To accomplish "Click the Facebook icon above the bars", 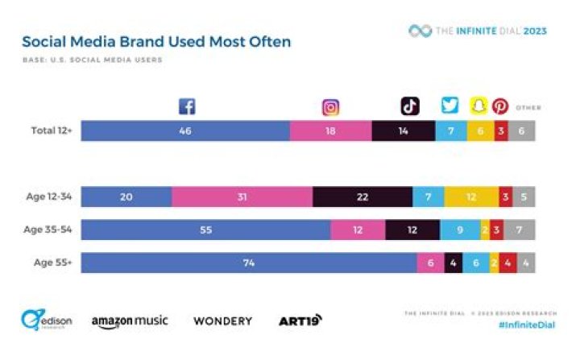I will click(x=187, y=106).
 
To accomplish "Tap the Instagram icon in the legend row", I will click(x=330, y=107).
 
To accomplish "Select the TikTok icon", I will click(x=410, y=106).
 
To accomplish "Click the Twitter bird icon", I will click(x=450, y=106).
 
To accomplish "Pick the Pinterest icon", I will click(x=500, y=106).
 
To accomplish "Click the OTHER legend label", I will click(x=528, y=107).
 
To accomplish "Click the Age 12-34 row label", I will click(x=47, y=197).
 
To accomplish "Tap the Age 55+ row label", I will click(x=52, y=263).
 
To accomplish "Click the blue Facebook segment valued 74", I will click(x=248, y=263).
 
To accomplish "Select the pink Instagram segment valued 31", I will click(x=242, y=197).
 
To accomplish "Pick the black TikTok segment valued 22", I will click(x=362, y=197).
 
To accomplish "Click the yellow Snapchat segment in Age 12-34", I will click(x=471, y=197).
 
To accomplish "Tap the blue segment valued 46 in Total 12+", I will click(x=185, y=130).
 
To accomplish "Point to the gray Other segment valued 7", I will click(x=520, y=230).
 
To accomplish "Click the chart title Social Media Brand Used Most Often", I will click(x=156, y=41).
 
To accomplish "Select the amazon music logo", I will click(x=130, y=321).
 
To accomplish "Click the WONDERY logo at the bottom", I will click(x=222, y=321).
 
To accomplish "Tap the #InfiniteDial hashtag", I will click(x=522, y=324).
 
